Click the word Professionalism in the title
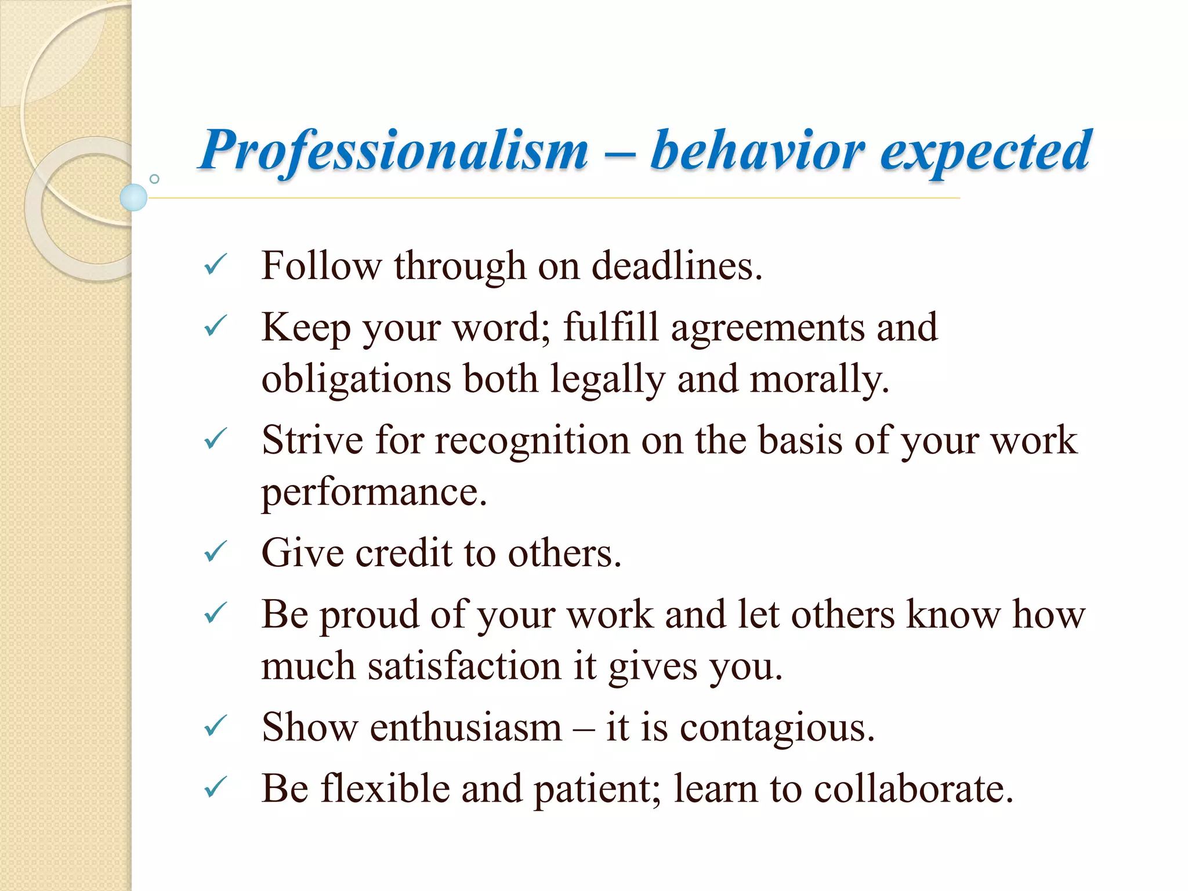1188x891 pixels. click(x=393, y=151)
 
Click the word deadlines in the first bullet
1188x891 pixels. click(x=676, y=266)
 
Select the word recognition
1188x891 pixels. click(x=532, y=441)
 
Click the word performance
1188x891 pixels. click(x=374, y=492)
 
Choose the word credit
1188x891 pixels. click(x=403, y=553)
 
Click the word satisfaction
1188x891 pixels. click(x=464, y=666)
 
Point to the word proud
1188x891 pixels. click(x=369, y=615)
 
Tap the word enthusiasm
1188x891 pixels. click(x=466, y=727)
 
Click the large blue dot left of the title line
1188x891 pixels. click(x=134, y=197)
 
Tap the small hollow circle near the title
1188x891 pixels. click(x=154, y=179)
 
